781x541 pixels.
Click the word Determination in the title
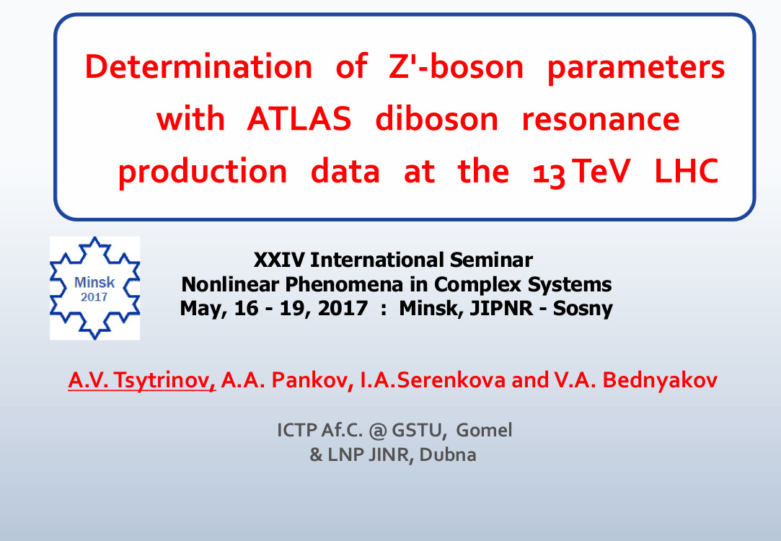[x=199, y=66]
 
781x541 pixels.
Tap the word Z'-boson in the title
[x=456, y=66]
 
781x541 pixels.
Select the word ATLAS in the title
[x=299, y=119]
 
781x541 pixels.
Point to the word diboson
[x=436, y=119]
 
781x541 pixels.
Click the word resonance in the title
[x=601, y=120]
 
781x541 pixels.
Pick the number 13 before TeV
[x=549, y=174]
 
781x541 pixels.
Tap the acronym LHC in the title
[x=687, y=172]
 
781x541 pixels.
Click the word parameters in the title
[x=636, y=69]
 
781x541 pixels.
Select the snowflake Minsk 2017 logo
[x=94, y=289]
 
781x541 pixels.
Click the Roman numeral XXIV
[x=279, y=260]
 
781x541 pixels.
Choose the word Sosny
[x=583, y=309]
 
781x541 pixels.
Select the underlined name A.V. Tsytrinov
[x=142, y=381]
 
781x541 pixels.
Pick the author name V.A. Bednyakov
[x=636, y=381]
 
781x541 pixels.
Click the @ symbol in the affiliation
[x=378, y=431]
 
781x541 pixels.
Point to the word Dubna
[x=447, y=455]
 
